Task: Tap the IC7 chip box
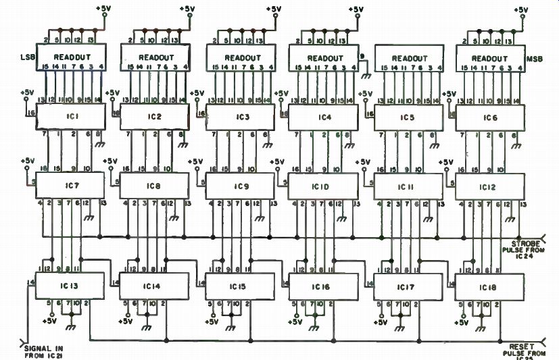[x=70, y=184]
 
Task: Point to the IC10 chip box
[x=322, y=184]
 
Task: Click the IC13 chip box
[x=70, y=286]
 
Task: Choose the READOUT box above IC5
[x=408, y=58]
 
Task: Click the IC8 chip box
[x=154, y=184]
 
